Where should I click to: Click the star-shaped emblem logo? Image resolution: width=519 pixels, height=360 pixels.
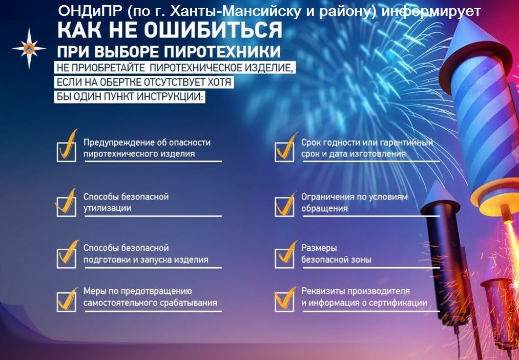(x=29, y=49)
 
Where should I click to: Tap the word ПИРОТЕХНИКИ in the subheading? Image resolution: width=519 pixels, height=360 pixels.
(x=222, y=52)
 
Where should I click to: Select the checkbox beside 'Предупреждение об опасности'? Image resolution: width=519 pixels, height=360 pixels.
(x=67, y=152)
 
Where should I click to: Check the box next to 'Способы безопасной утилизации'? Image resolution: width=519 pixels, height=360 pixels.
(x=67, y=207)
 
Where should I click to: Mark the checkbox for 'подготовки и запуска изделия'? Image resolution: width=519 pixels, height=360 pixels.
(x=67, y=258)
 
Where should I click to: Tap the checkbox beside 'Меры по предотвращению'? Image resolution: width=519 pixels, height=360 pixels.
(x=67, y=302)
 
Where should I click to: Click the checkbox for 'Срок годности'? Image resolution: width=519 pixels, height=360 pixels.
(x=284, y=152)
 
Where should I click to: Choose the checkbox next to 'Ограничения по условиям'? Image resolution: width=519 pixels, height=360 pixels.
(x=284, y=207)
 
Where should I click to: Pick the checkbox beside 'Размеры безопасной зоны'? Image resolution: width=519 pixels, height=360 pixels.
(x=284, y=258)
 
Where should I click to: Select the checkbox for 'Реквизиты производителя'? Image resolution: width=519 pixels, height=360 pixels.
(x=284, y=302)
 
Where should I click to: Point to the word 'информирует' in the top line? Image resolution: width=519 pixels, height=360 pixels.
(x=431, y=12)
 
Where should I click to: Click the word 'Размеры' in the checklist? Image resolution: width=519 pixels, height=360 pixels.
(x=315, y=248)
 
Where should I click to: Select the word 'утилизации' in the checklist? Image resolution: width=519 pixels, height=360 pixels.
(x=107, y=208)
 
